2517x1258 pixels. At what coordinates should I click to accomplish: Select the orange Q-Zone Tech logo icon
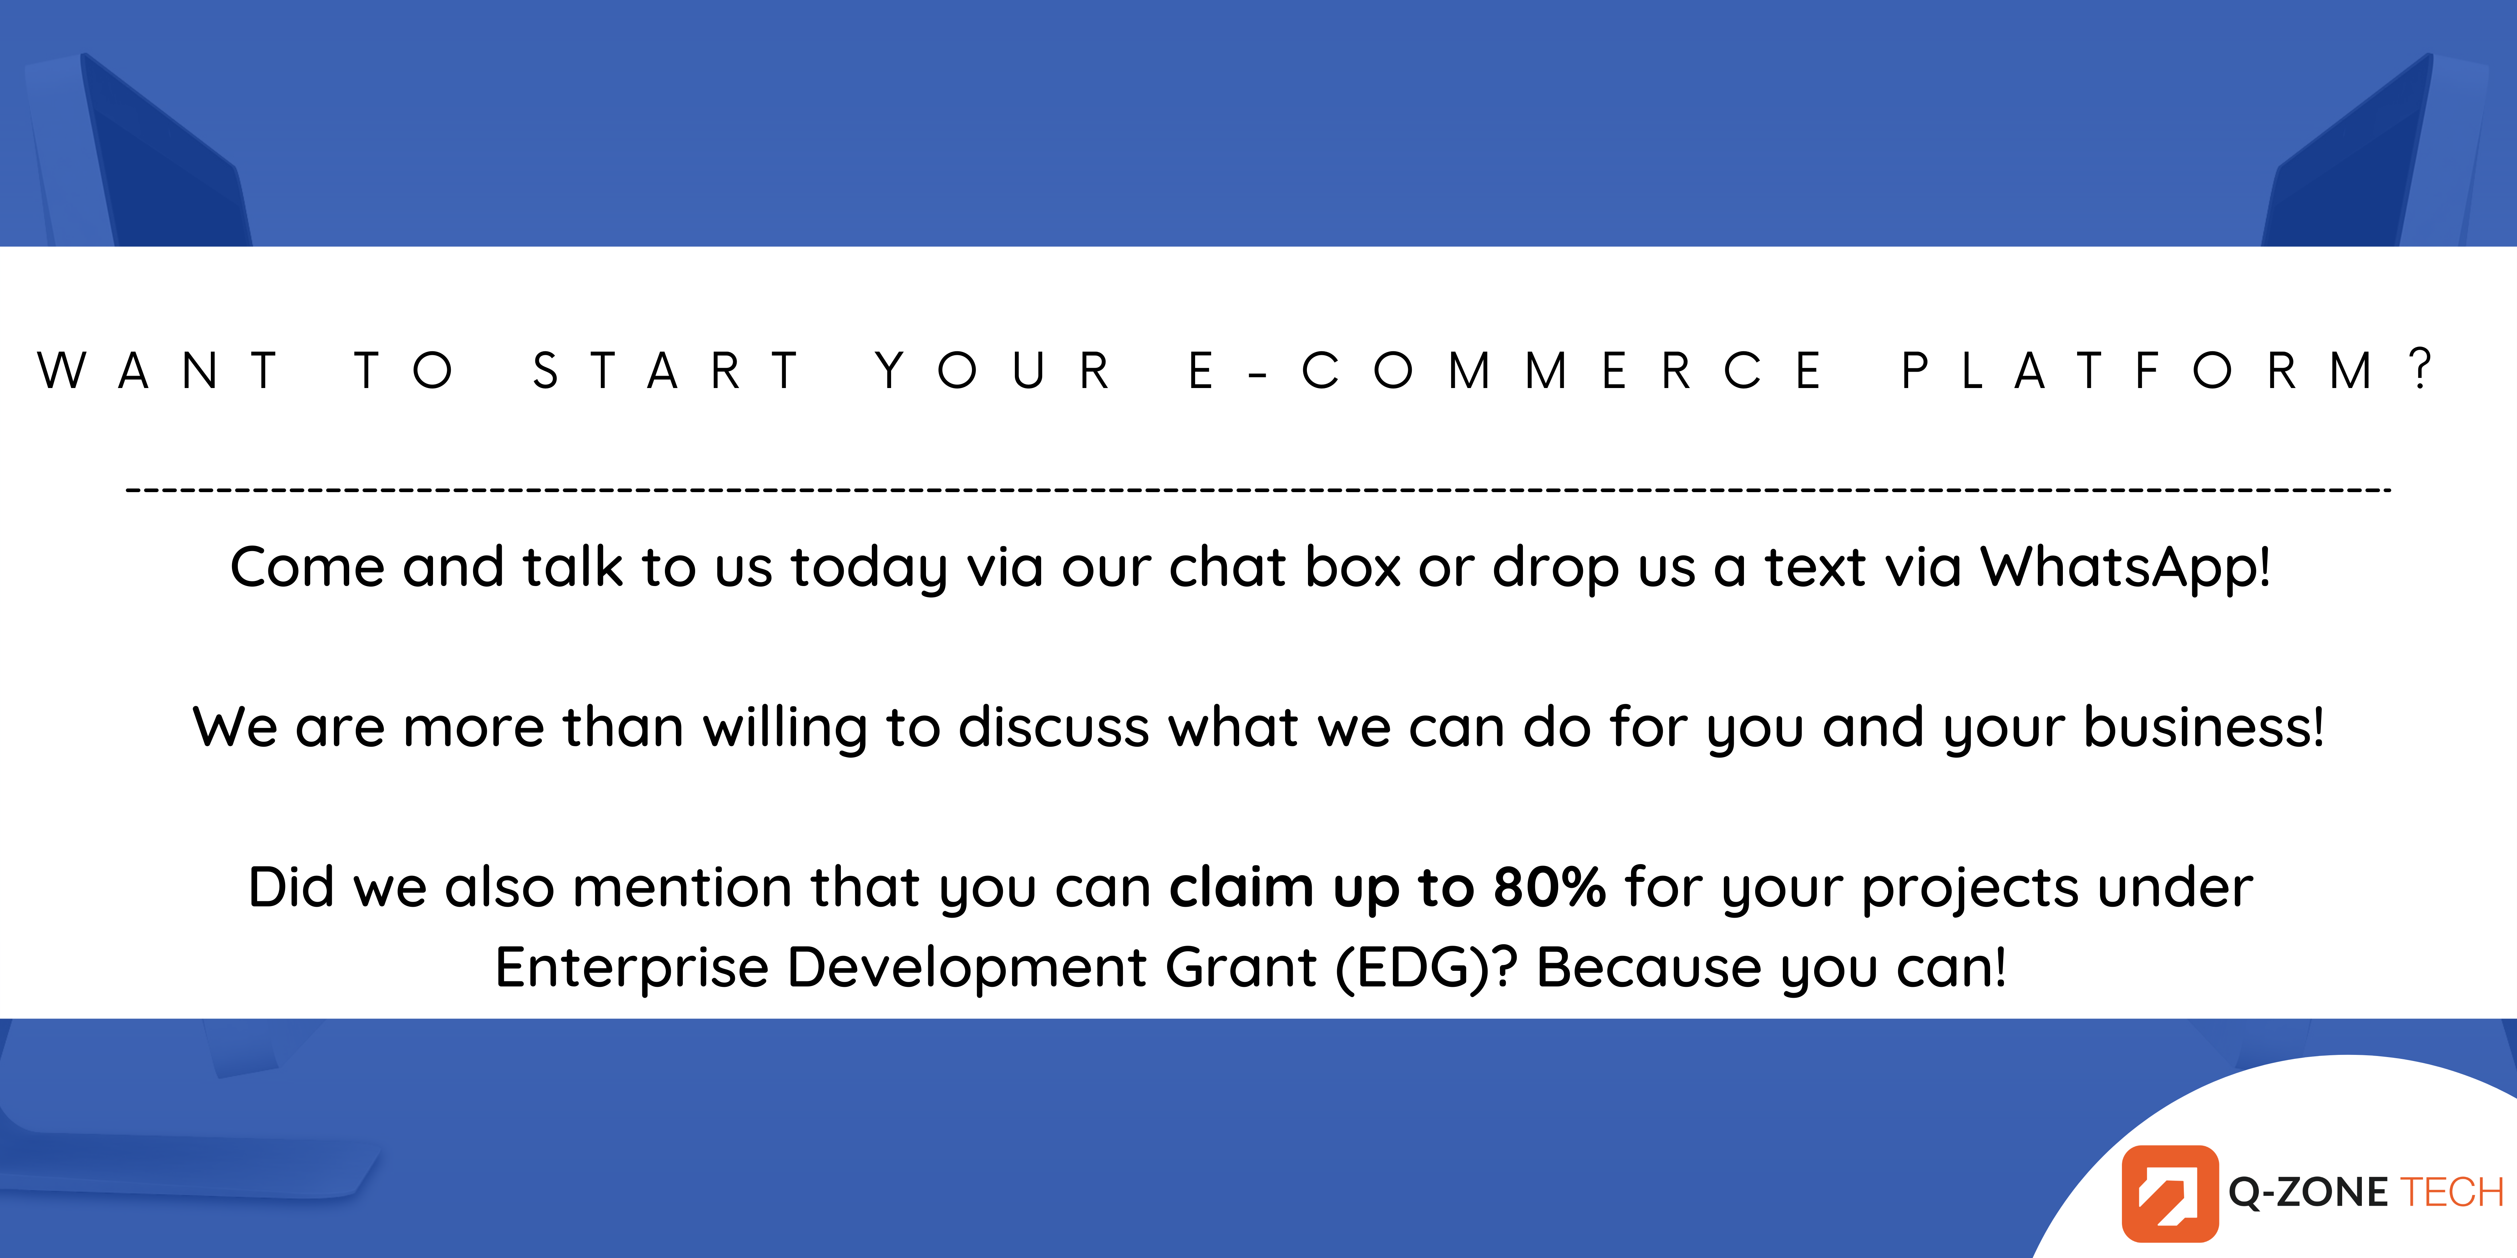[x=2170, y=1192]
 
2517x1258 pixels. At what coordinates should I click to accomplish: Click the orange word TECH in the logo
[x=2451, y=1192]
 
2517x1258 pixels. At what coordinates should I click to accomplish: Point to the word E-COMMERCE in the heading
[x=1505, y=371]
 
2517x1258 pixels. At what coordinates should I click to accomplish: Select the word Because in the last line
[x=1649, y=967]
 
